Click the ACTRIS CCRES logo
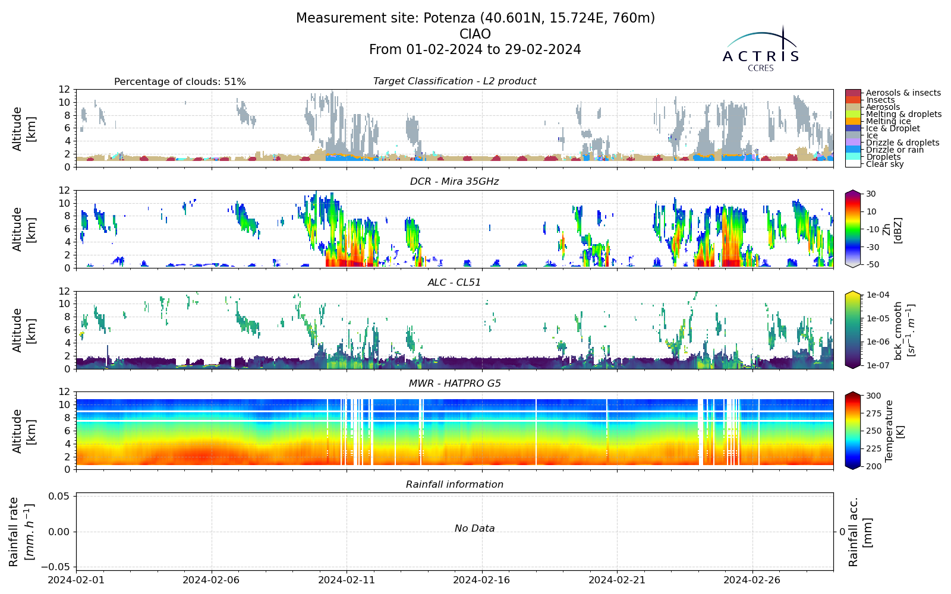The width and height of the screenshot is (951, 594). [760, 49]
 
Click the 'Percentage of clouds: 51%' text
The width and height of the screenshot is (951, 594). [180, 81]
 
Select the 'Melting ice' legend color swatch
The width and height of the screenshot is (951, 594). [853, 121]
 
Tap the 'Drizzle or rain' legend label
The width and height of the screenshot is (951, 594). [895, 150]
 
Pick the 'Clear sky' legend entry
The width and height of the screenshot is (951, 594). [885, 164]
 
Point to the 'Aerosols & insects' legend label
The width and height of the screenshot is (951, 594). [903, 93]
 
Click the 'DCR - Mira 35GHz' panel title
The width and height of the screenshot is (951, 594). [454, 182]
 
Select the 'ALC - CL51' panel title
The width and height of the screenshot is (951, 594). [454, 283]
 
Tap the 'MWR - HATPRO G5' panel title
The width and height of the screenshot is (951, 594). [455, 384]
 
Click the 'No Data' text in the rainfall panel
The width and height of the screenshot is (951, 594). [475, 528]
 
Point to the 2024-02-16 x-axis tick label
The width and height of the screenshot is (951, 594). [482, 580]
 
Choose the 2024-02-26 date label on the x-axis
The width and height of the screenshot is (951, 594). [752, 580]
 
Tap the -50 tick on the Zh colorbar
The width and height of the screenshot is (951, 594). [871, 264]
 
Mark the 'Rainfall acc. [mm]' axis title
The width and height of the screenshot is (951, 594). [860, 532]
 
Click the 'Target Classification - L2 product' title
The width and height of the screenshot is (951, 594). [454, 81]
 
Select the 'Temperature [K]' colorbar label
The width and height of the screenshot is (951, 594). [895, 431]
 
